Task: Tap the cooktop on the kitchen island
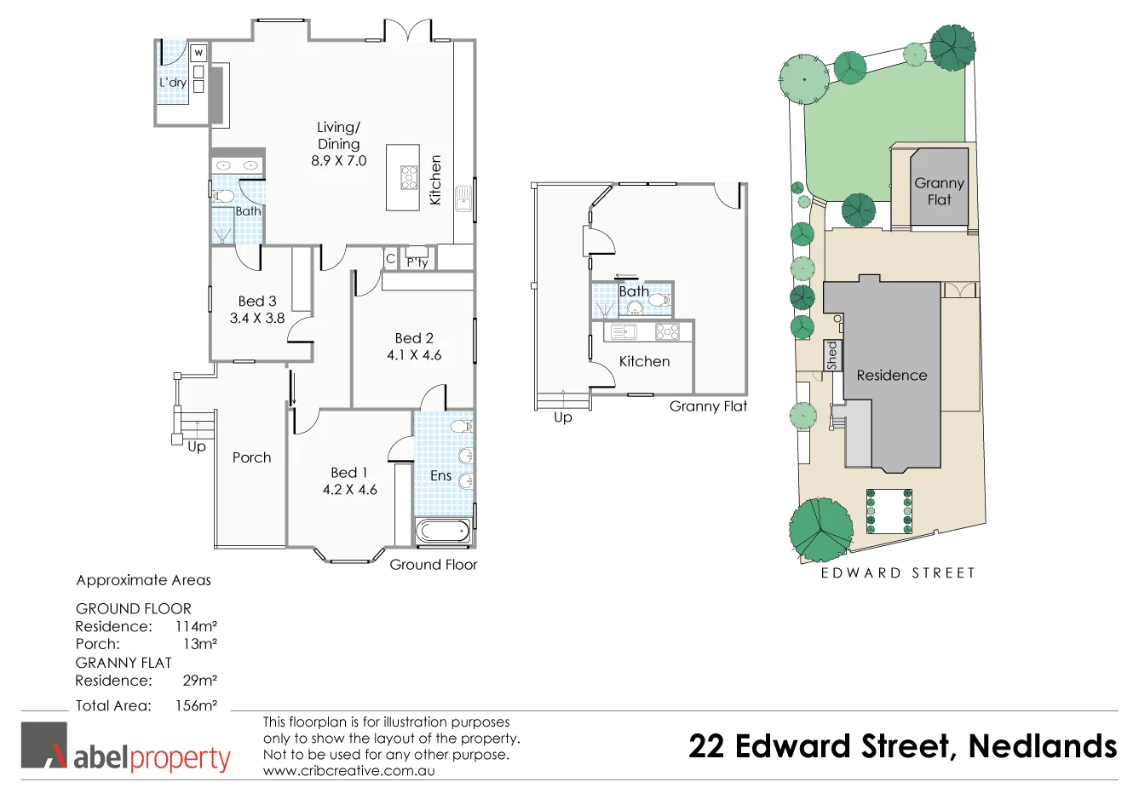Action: pos(410,177)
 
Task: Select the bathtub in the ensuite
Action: pos(441,532)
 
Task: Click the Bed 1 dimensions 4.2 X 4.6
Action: pos(349,490)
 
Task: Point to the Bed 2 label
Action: pos(414,338)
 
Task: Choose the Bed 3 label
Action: pos(257,301)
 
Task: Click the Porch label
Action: pos(251,457)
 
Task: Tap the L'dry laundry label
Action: pos(173,83)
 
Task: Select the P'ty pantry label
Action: pos(417,262)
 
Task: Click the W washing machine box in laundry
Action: pos(198,53)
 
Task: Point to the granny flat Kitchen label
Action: pos(644,361)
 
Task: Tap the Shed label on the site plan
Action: pos(832,355)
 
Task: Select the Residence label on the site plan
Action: pos(891,375)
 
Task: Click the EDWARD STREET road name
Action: pos(898,573)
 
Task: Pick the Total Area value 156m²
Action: pos(196,705)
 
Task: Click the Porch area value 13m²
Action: pos(200,644)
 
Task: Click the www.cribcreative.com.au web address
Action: pos(348,770)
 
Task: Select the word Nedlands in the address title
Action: pos(1042,746)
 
